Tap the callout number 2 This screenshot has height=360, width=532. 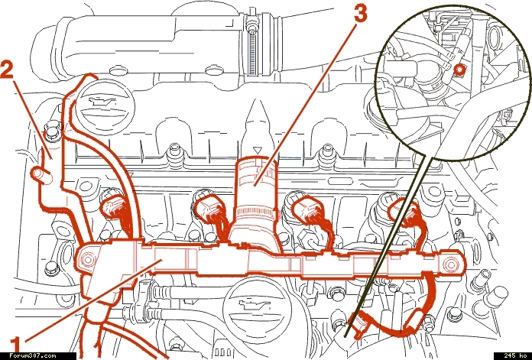(8, 70)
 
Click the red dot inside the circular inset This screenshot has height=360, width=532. (459, 70)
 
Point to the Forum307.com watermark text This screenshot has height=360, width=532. (33, 355)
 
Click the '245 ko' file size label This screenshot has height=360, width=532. (515, 355)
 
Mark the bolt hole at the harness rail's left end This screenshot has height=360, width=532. (87, 260)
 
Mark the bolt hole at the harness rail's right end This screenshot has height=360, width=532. (450, 264)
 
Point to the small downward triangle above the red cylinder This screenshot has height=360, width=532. (258, 149)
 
